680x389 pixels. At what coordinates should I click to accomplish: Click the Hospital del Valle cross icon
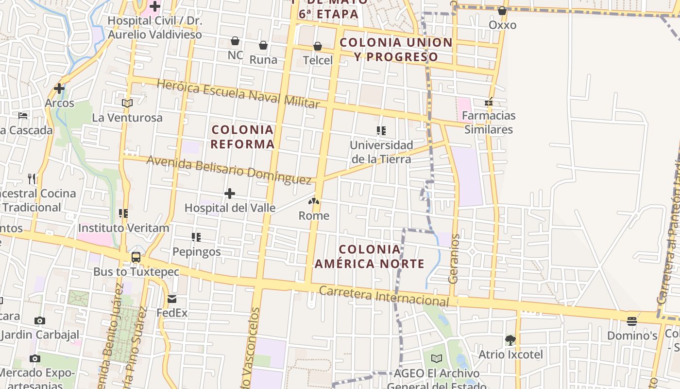(x=230, y=194)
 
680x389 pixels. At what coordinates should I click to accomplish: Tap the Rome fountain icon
(x=314, y=201)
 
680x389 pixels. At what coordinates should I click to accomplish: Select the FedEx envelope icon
(x=172, y=299)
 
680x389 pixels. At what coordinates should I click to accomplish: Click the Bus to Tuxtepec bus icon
(x=136, y=257)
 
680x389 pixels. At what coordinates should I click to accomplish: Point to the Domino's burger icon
(x=631, y=321)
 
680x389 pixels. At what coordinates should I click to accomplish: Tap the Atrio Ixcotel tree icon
(x=510, y=340)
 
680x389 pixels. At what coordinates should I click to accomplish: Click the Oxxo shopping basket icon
(x=502, y=10)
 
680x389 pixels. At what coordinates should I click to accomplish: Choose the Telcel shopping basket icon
(x=318, y=46)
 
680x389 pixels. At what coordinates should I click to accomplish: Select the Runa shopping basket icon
(x=263, y=45)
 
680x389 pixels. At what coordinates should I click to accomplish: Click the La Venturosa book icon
(x=127, y=103)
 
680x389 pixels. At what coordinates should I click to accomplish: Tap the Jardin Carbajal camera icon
(x=40, y=320)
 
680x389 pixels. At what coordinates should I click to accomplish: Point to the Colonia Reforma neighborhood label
(x=243, y=137)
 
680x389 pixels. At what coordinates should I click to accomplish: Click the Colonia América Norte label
(x=370, y=257)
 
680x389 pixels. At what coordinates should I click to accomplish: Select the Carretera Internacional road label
(x=384, y=296)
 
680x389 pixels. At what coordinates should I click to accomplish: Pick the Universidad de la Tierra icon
(x=381, y=130)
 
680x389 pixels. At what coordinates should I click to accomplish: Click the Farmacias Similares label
(x=489, y=123)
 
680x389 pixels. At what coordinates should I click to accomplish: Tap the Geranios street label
(x=455, y=259)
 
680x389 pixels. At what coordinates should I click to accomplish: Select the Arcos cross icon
(x=59, y=88)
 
